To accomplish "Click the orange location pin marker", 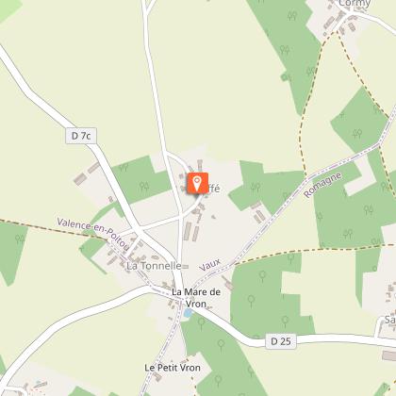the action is (197, 183).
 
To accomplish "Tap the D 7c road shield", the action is (82, 137).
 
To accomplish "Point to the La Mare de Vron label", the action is (196, 297).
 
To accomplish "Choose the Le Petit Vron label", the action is (168, 366).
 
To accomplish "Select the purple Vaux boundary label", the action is (209, 267).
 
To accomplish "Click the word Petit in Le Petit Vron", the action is (163, 366).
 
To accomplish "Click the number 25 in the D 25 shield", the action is (281, 338).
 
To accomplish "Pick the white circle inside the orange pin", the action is (197, 180).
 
